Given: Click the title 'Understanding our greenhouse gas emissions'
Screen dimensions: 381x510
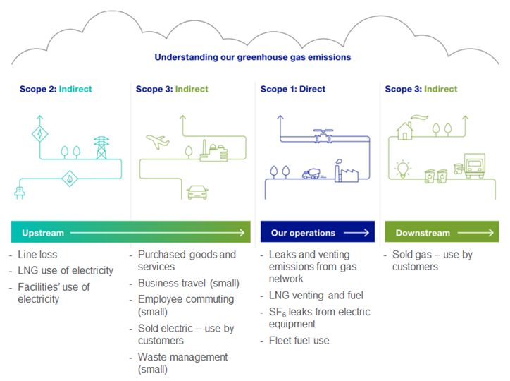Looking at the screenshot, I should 253,57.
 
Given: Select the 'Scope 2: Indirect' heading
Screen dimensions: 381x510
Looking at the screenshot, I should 56,90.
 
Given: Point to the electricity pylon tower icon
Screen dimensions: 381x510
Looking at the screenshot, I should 102,147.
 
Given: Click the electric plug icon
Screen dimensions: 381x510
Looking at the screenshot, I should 19,190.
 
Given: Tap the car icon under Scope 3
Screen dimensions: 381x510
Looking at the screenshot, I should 197,191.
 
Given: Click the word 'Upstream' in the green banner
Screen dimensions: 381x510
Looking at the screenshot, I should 43,233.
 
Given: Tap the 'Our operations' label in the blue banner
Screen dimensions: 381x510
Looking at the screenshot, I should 303,233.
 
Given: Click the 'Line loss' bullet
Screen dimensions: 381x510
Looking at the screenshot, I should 38,254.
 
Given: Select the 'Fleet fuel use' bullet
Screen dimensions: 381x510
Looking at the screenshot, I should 299,341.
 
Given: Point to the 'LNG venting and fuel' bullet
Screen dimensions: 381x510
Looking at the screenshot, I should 316,296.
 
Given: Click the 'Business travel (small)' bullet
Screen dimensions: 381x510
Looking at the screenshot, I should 189,284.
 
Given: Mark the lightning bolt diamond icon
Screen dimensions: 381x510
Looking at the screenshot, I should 40,134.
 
